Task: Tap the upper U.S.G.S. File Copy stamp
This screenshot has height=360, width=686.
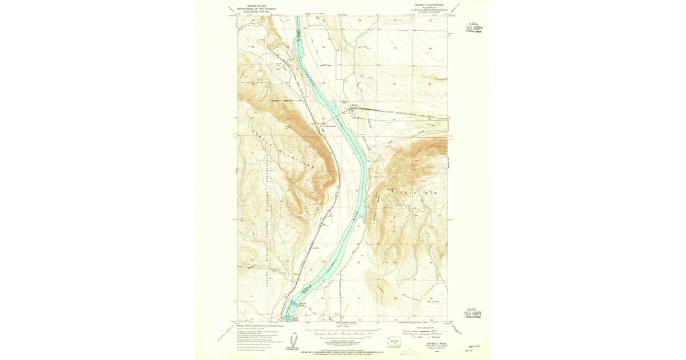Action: coord(473,27)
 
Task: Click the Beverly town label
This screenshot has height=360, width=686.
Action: coord(354,105)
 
